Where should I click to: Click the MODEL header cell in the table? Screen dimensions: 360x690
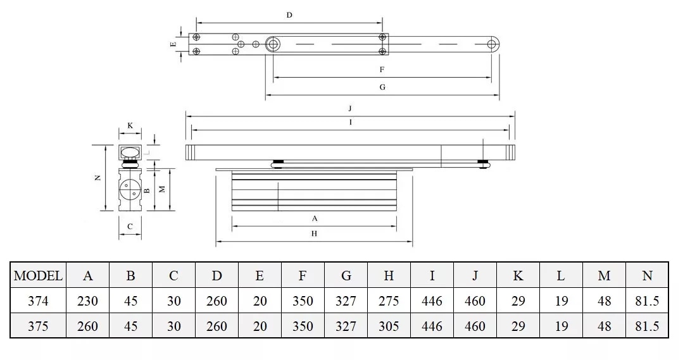pos(38,276)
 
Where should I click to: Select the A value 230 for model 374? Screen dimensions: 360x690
pos(87,301)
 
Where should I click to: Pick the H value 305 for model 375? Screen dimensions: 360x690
pos(389,326)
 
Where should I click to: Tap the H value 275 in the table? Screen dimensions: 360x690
pos(389,301)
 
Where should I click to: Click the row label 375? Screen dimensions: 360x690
pos(38,326)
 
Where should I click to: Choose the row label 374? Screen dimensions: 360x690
pos(38,301)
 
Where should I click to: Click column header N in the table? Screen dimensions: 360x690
pos(647,276)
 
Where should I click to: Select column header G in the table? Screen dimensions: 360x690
pos(346,276)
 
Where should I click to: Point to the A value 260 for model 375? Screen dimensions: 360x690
pos(87,326)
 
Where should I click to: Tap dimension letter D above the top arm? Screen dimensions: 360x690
pos(289,15)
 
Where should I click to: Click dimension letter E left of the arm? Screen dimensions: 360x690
pos(173,45)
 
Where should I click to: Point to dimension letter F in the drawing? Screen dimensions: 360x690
pos(382,70)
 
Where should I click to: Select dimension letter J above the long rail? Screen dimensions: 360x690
pos(349,109)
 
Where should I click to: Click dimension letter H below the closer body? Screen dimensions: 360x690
pos(314,233)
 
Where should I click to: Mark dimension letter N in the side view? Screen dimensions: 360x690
pos(97,178)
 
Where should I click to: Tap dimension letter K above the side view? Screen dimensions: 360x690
pos(130,125)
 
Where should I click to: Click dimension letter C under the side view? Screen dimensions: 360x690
pos(130,226)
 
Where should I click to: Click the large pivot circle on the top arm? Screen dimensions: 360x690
pos(273,44)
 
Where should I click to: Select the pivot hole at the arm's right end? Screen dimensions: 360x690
pos(492,44)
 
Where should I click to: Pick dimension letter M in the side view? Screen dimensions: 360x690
pos(161,189)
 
